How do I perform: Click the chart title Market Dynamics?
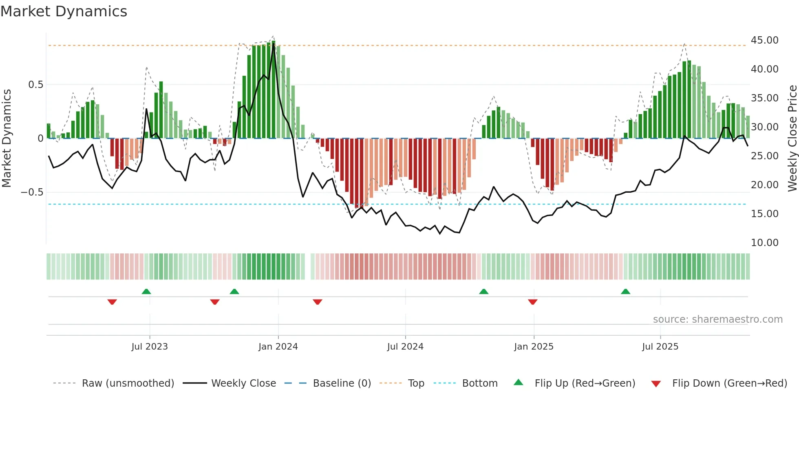click(64, 11)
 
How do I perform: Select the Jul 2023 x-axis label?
click(150, 347)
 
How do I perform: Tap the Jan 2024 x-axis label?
click(278, 347)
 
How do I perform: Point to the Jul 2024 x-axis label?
click(405, 347)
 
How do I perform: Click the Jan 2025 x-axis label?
click(534, 347)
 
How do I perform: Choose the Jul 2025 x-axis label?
click(660, 347)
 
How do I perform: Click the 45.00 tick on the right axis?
click(764, 40)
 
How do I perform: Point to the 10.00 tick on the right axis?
click(764, 243)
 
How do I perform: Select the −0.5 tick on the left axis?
click(32, 192)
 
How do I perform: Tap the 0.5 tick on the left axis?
click(35, 85)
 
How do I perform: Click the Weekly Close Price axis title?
click(792, 138)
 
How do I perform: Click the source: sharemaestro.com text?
click(717, 319)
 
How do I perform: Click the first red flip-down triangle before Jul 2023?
click(112, 302)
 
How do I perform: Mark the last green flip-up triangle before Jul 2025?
click(625, 291)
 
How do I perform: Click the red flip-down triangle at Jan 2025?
click(532, 302)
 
